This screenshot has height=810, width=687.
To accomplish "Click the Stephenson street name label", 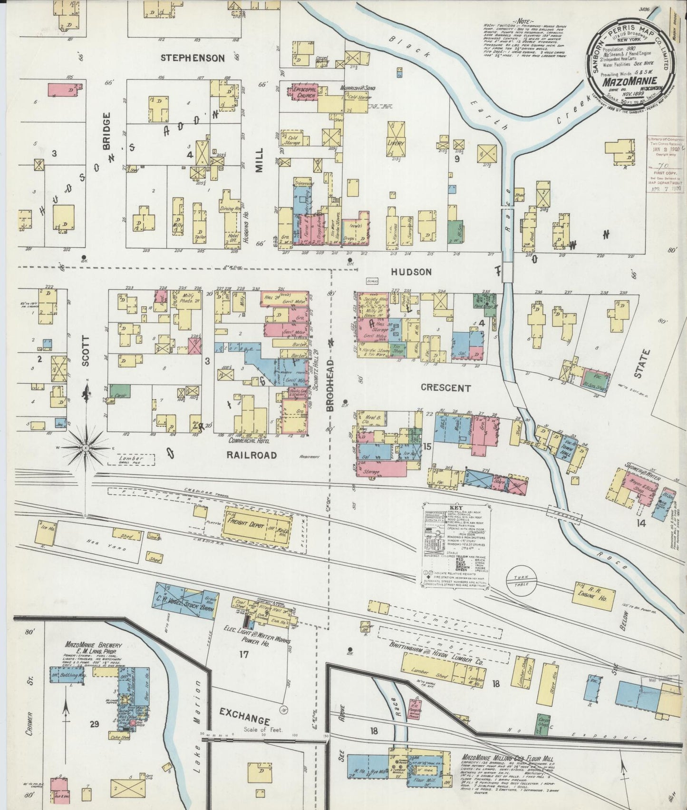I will [192, 58].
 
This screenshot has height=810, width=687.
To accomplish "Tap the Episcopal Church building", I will [303, 92].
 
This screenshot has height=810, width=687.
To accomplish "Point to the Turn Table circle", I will [522, 582].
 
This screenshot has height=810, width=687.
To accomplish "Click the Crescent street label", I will [446, 388].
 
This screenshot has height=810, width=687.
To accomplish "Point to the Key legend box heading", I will [457, 508].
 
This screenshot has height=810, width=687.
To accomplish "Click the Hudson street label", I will [412, 272].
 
